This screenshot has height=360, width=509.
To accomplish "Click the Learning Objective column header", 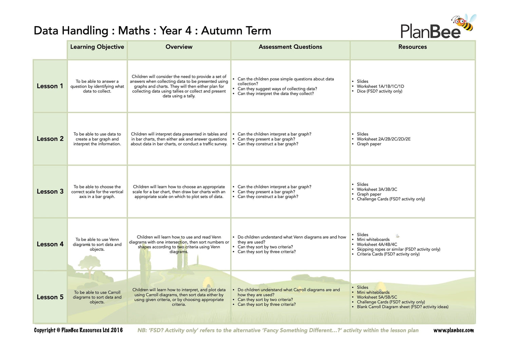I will (x=97, y=47).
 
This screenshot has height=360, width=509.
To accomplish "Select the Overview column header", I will (x=179, y=47).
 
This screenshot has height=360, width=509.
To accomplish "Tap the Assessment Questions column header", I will (x=290, y=47).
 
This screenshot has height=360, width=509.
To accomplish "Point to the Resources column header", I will (x=412, y=47).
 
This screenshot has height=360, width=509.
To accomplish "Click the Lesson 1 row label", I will (x=50, y=86).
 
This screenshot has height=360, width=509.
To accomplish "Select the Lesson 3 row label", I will (x=50, y=191).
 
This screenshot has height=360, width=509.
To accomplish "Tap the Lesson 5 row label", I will (x=50, y=297).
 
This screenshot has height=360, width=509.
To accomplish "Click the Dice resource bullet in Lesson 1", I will (x=379, y=91).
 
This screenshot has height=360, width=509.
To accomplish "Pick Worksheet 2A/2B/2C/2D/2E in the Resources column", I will (x=383, y=139).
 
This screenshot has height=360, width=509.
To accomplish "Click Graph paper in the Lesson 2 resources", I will (x=369, y=144).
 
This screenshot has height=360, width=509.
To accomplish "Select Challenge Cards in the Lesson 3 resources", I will (x=391, y=199).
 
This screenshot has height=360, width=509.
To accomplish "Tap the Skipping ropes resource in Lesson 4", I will (x=398, y=249).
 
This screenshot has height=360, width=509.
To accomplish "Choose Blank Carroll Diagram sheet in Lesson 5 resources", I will (x=402, y=307).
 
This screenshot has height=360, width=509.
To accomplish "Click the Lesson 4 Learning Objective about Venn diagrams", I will (x=97, y=244).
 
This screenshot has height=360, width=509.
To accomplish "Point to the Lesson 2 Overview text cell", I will (x=179, y=139).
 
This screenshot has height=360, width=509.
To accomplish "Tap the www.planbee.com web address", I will (x=453, y=330).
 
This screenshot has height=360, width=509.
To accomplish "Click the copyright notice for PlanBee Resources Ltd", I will (x=78, y=330).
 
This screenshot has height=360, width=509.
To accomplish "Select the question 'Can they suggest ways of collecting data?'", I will (x=277, y=89).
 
